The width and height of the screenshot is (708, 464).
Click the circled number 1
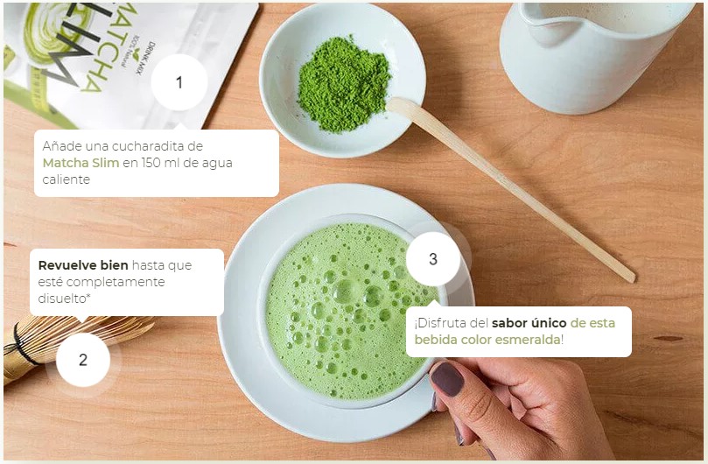[179, 82]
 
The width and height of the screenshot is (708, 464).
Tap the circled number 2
[83, 360]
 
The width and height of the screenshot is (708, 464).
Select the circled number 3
[433, 259]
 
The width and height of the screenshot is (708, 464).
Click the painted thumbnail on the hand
[448, 379]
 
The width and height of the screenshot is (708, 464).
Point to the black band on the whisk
[19, 345]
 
